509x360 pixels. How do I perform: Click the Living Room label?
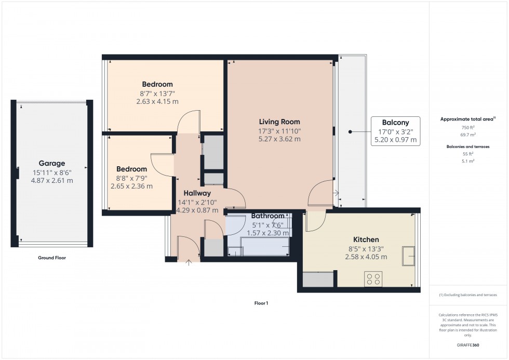click(x=280, y=122)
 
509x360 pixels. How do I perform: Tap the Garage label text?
click(x=51, y=163)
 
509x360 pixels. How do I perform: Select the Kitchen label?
click(x=366, y=239)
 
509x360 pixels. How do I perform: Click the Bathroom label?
click(x=268, y=216)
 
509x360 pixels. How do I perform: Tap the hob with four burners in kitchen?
click(x=372, y=279)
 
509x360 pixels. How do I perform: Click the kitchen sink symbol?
click(x=408, y=256)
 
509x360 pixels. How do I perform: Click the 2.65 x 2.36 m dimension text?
click(x=131, y=186)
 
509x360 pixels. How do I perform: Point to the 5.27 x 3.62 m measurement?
click(x=280, y=139)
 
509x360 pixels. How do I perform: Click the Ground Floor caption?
click(x=52, y=258)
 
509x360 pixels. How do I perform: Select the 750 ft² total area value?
click(x=468, y=127)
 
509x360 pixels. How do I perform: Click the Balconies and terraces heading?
click(x=468, y=147)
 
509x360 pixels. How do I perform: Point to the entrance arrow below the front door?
click(x=188, y=261)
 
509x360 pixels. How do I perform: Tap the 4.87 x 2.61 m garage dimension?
click(x=51, y=180)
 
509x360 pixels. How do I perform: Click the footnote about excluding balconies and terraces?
click(x=467, y=295)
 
